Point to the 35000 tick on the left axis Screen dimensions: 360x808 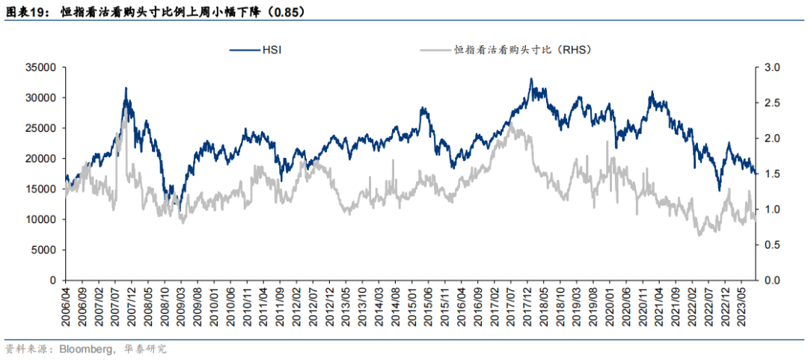click(41, 67)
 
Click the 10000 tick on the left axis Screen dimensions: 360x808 click(41, 219)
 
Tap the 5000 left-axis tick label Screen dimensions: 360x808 click(44, 250)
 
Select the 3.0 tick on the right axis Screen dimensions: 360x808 click(771, 67)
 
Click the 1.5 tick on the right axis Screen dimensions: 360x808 click(771, 174)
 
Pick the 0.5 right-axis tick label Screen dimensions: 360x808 click(771, 245)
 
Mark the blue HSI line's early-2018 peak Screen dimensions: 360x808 click(531, 79)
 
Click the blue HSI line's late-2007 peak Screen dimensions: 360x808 click(126, 88)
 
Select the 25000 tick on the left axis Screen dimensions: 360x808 click(41, 128)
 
